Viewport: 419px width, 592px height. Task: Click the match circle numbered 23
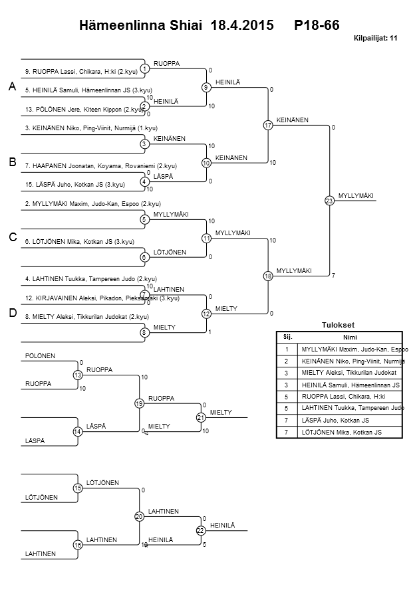click(x=329, y=201)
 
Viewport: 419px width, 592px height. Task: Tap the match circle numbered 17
click(x=268, y=125)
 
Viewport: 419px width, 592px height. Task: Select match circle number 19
click(x=139, y=403)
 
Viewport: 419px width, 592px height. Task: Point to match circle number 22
click(x=201, y=530)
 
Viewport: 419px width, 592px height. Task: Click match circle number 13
click(x=78, y=376)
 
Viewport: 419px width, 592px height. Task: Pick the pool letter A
click(x=12, y=87)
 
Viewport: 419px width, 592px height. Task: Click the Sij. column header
click(x=287, y=336)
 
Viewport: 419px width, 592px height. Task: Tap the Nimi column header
click(x=350, y=336)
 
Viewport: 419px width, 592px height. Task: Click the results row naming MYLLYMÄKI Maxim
click(x=353, y=348)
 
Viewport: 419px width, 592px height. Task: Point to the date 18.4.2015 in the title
click(x=241, y=26)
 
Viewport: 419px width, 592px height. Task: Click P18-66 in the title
click(x=317, y=26)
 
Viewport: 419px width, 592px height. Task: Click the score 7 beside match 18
click(x=333, y=274)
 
